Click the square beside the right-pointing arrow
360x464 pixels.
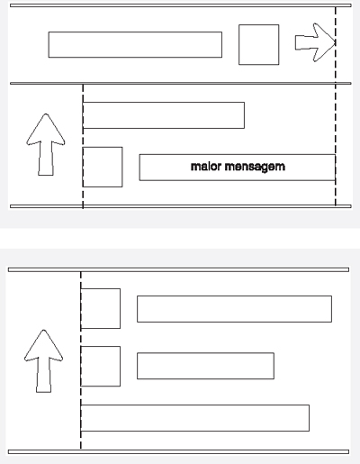pos(259,44)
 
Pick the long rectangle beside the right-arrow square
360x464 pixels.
pos(135,44)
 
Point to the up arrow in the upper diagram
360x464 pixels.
pos(46,145)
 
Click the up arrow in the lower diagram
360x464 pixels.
pos(44,361)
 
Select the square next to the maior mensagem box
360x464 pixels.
pos(103,167)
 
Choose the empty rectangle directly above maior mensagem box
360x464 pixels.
pos(164,115)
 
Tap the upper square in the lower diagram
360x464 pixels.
pos(101,308)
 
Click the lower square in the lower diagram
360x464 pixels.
pos(101,366)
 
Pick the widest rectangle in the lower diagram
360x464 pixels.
pos(195,418)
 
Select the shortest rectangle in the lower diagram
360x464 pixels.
pos(205,366)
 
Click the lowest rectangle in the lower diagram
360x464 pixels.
pos(195,418)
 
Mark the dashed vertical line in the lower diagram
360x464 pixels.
pos(81,360)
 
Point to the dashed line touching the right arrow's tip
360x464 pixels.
pos(336,106)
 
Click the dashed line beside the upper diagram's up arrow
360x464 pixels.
pos(83,146)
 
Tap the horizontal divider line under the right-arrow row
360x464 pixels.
pos(181,83)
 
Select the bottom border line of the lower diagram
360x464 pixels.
pos(178,451)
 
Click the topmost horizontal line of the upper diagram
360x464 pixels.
pos(181,5)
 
